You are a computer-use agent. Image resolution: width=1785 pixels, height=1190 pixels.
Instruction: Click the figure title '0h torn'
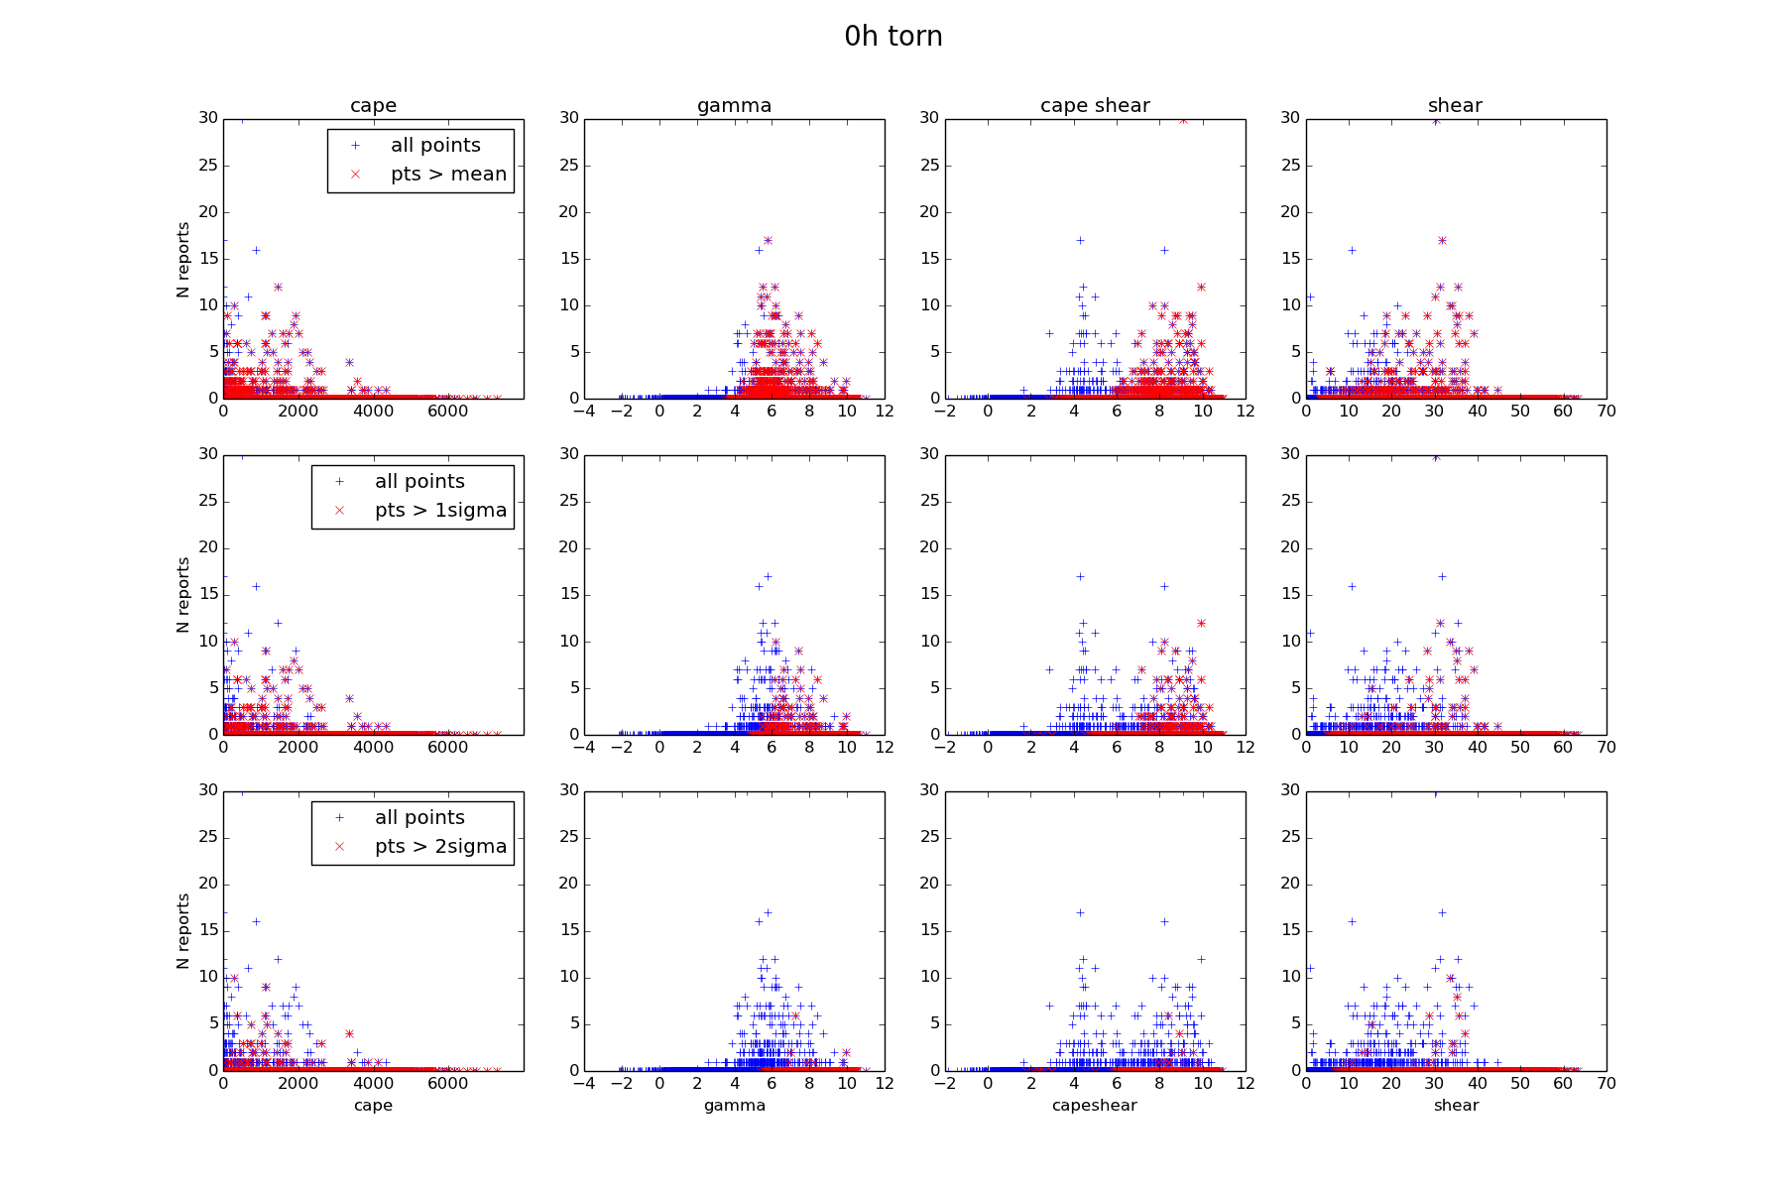tap(892, 37)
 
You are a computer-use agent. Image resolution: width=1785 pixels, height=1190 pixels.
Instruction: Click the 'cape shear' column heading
tap(1095, 105)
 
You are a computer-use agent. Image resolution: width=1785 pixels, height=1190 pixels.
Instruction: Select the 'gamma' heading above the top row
tap(734, 105)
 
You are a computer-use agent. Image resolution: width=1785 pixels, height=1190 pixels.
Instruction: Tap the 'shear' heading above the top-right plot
tap(1455, 105)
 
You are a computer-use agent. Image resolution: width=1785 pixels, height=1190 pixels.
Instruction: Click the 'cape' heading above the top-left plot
tap(373, 105)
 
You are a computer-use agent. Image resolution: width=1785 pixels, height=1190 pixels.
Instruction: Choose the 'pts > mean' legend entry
tap(448, 175)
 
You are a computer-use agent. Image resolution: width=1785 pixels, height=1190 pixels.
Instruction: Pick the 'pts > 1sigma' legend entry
tap(440, 511)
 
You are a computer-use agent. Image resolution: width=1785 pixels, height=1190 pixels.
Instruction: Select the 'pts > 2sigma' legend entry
tap(440, 847)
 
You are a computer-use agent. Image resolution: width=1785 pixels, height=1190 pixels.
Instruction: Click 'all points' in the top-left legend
tap(435, 146)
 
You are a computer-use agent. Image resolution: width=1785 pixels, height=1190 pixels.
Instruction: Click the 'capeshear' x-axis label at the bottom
tap(1095, 1106)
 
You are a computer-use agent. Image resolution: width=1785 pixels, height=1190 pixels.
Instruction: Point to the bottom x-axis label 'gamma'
tap(734, 1106)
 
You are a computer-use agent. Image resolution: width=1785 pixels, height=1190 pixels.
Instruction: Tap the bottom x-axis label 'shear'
tap(1456, 1106)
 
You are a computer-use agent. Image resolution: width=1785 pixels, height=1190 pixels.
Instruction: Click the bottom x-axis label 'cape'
tap(373, 1106)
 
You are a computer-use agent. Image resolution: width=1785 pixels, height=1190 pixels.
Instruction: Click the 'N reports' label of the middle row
tap(183, 595)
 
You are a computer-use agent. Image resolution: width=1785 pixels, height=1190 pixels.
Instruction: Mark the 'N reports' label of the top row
tap(183, 259)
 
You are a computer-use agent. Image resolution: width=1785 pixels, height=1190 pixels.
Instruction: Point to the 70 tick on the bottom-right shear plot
tap(1606, 1084)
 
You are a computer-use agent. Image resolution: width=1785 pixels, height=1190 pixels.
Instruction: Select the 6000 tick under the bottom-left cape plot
tap(448, 1084)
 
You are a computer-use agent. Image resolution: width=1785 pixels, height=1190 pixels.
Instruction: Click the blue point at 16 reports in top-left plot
tap(256, 250)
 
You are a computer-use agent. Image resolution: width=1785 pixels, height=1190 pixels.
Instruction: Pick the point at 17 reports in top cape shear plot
tap(1080, 240)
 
